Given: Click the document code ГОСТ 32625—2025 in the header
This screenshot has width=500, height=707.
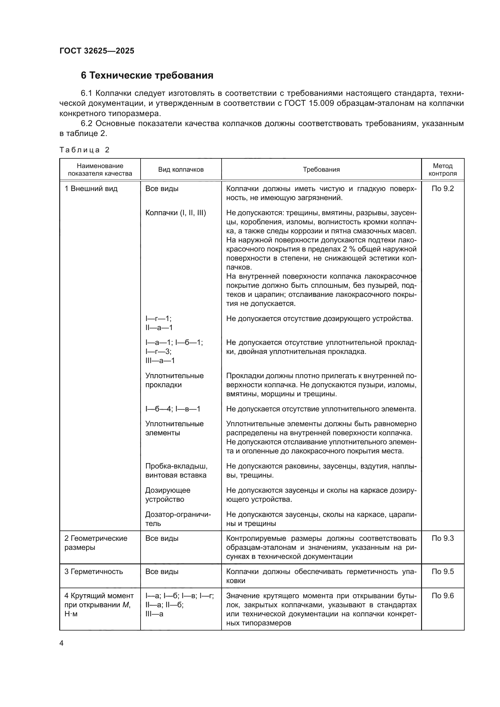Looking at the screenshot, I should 97,51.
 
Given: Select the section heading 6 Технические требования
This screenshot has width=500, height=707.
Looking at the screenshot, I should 147,76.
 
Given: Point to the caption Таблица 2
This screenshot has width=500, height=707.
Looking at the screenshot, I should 84,150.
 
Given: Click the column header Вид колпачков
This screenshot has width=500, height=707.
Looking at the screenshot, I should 181,170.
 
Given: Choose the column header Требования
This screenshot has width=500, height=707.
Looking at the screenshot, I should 321,170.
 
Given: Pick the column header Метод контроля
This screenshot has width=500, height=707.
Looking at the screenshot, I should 443,170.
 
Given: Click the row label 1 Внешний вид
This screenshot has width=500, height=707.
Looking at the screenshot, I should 91,189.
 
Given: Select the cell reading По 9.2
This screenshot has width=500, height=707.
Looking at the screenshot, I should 443,189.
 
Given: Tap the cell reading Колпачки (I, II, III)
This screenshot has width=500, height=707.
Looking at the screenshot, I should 176,213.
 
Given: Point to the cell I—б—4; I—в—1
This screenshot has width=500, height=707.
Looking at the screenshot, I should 173,409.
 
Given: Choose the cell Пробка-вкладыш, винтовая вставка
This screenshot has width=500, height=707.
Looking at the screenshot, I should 176,471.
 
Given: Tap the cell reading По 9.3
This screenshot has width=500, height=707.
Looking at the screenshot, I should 443,539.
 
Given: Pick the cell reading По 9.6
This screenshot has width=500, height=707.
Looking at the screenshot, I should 443,596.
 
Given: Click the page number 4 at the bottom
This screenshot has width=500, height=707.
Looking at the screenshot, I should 62,643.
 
